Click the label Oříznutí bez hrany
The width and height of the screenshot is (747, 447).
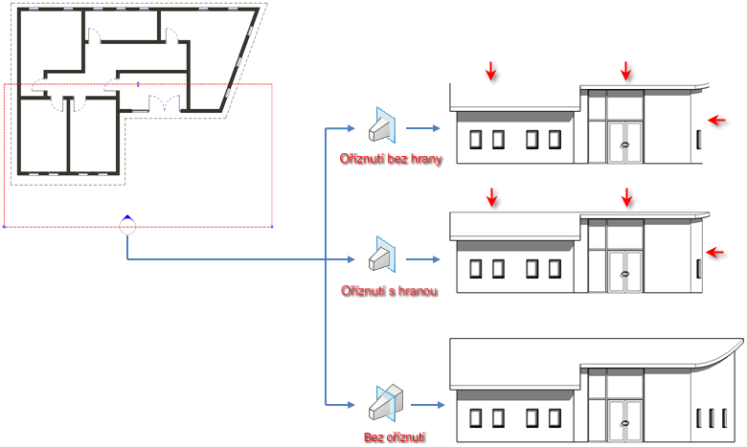click(x=391, y=160)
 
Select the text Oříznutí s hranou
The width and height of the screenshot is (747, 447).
click(x=390, y=290)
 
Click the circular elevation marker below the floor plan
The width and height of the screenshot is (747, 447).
click(x=127, y=226)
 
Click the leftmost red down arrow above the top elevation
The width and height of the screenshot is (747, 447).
click(x=491, y=70)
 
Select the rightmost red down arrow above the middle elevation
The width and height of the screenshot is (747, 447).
click(x=627, y=197)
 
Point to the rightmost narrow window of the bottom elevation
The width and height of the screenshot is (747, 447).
click(x=725, y=416)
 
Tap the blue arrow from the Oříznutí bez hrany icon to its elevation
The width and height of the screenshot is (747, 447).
click(x=422, y=127)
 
